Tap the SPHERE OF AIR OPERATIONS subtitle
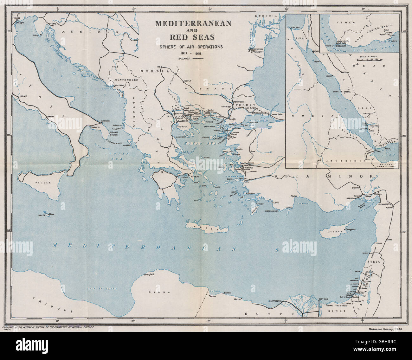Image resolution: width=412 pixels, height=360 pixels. click(192, 47)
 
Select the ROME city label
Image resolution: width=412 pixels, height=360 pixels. click(24, 96)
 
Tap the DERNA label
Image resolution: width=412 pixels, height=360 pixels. click(165, 292)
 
